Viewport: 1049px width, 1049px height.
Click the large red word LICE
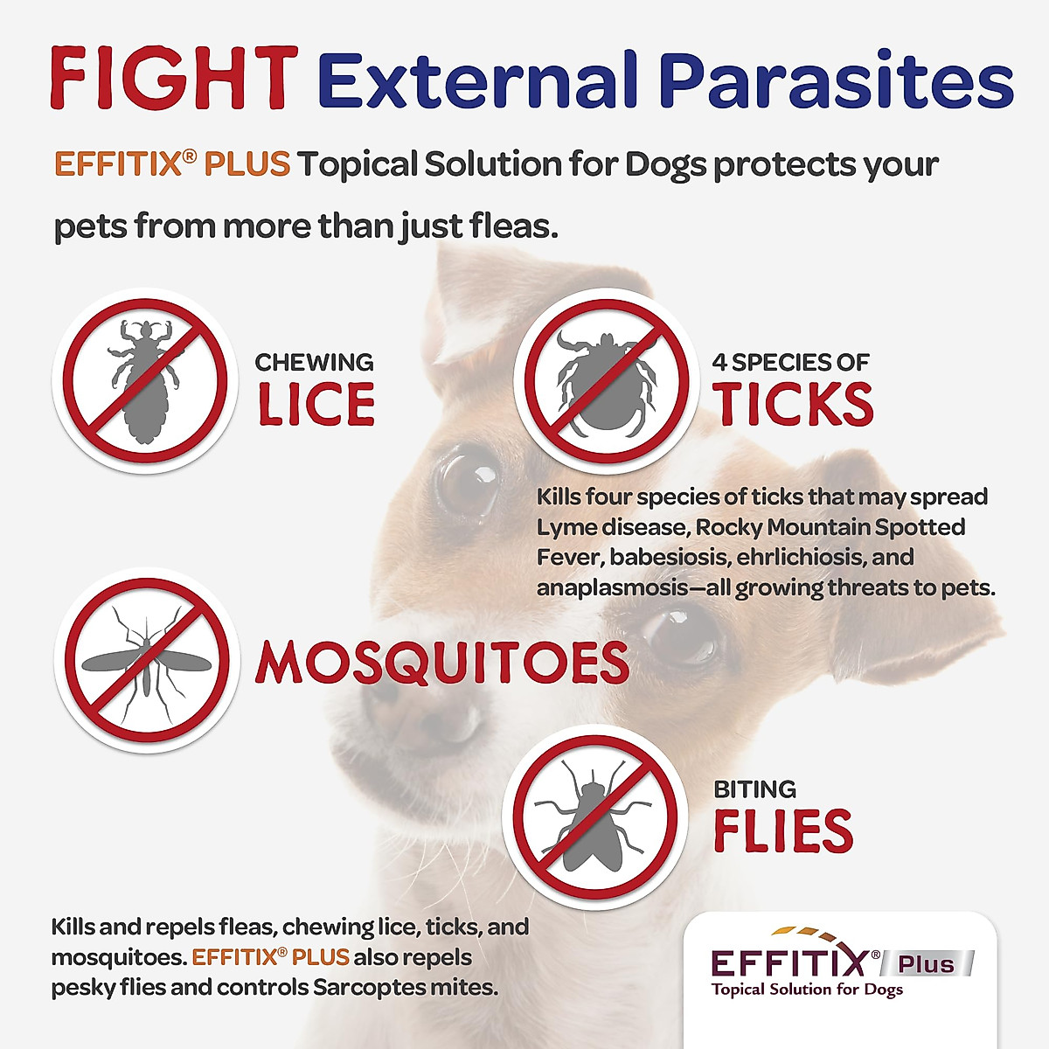(x=316, y=404)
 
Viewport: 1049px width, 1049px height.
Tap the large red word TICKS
(x=793, y=404)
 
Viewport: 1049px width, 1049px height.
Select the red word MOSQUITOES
(x=442, y=663)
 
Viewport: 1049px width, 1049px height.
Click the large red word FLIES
(x=782, y=831)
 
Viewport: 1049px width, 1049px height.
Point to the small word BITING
(x=754, y=789)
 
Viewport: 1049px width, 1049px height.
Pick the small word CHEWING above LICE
(x=314, y=362)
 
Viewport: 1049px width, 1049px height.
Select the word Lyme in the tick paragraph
(x=560, y=527)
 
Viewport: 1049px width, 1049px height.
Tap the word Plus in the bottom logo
(x=927, y=964)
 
